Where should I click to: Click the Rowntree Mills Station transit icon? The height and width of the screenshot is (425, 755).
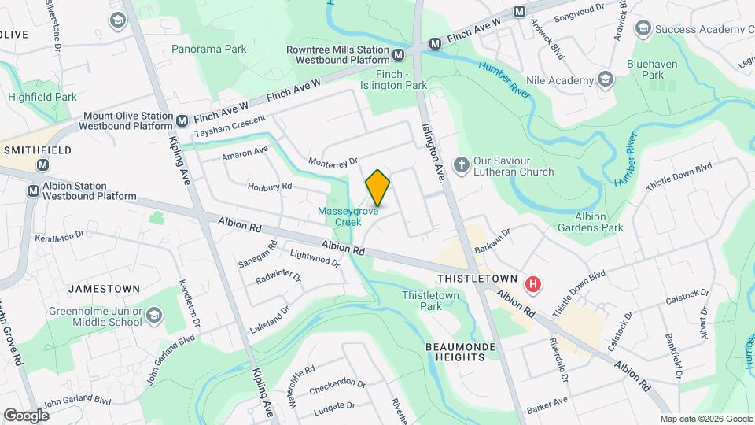pos(399,54)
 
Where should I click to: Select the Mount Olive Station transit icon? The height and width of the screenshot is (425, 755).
pos(182,120)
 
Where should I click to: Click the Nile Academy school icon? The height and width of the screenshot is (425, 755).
pos(605,80)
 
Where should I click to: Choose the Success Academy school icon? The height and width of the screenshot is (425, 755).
pos(643,30)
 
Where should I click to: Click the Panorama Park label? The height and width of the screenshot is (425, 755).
pos(209,49)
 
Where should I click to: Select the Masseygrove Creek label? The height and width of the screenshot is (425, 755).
pos(349,216)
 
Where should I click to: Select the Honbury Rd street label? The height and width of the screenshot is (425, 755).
pos(270,187)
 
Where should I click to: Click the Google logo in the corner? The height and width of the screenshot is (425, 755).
pos(26,415)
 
